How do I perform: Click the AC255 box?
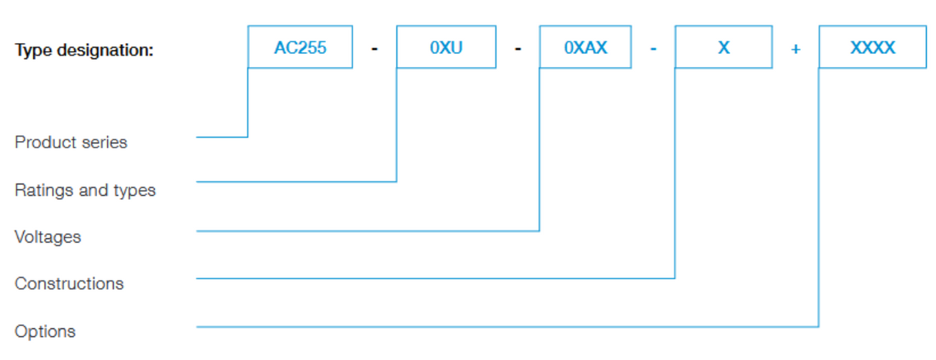[300, 48]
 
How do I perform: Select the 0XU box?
[446, 48]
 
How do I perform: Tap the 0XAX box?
[585, 48]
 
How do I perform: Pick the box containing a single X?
[723, 48]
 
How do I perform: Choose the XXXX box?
[872, 48]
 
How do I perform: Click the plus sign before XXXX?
[796, 49]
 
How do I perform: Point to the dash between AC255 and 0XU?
[375, 49]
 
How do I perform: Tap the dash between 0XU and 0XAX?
[518, 49]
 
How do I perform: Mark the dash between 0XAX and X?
[653, 49]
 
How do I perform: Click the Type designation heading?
[84, 51]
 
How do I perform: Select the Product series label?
[71, 143]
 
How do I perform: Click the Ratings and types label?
[85, 190]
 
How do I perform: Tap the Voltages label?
[48, 237]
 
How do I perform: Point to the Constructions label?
[69, 284]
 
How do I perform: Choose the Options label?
[45, 331]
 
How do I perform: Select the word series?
[105, 143]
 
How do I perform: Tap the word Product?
[45, 143]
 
